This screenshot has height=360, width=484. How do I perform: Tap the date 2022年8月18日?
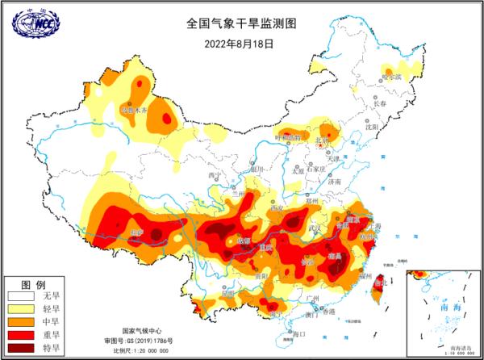(x=240, y=43)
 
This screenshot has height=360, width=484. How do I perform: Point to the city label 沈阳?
(x=370, y=127)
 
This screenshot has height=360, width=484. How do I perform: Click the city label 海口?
(x=300, y=333)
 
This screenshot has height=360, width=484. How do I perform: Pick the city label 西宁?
(x=215, y=175)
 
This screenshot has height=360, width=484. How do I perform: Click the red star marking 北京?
(x=322, y=146)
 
